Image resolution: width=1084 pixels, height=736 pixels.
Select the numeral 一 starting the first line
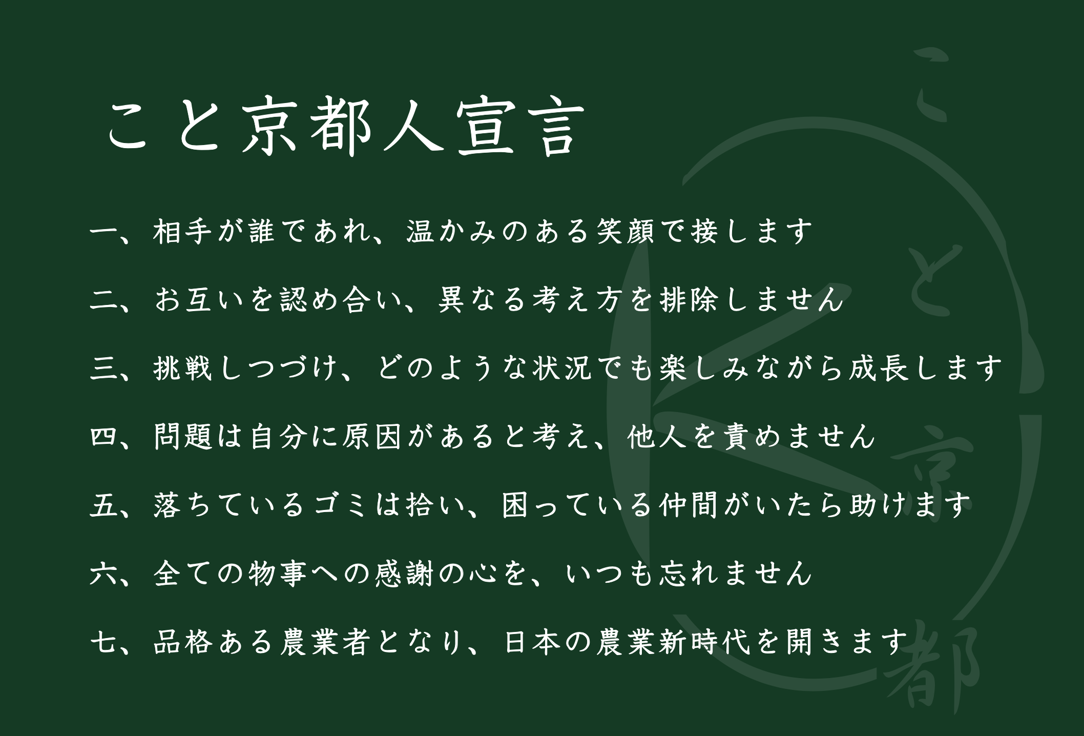pos(105,232)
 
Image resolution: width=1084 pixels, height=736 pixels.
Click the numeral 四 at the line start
pos(105,437)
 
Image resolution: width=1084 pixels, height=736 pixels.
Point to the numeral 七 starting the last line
pos(105,642)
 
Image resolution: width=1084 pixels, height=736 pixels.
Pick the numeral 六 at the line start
pos(105,574)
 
